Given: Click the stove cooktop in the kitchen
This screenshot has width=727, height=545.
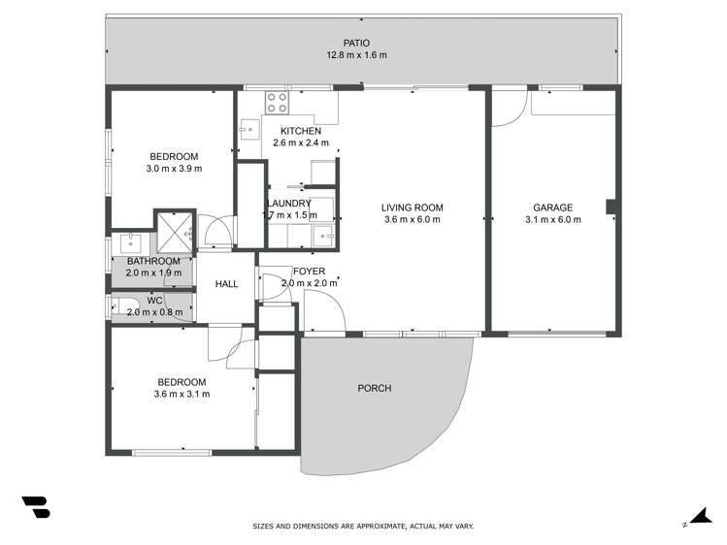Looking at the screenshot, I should pos(276,103).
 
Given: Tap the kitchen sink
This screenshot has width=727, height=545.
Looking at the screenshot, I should pos(248,125).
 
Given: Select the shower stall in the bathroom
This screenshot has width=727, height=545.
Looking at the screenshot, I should pos(176,230).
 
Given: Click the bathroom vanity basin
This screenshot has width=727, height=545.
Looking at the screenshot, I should pos(130,241).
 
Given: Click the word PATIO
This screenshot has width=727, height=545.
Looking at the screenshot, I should pos(356,43).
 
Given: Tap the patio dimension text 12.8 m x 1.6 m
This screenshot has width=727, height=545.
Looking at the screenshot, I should pos(356,55).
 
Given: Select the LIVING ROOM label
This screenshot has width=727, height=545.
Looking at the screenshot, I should pos(412,207).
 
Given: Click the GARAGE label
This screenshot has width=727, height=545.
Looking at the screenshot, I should pos(552,207).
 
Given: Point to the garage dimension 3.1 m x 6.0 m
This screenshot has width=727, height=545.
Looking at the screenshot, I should pos(552,219).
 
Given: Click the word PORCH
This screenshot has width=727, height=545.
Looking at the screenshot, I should pos(375,388).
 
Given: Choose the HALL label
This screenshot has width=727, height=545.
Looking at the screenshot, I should pos(227,284).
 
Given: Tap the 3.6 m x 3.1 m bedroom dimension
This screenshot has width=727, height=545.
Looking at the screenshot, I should pos(182,394).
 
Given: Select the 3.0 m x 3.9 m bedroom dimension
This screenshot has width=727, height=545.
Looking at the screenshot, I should pos(174,169).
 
